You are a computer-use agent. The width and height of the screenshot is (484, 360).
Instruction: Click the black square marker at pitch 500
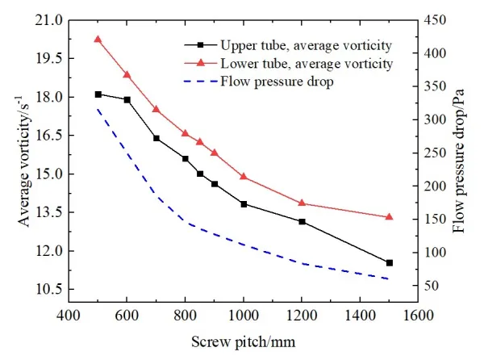[98, 94]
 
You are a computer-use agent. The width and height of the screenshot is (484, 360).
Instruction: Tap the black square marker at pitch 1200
[302, 221]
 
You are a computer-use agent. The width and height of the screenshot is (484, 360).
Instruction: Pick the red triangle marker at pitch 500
[98, 39]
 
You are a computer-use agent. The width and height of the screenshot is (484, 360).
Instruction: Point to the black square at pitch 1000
[244, 204]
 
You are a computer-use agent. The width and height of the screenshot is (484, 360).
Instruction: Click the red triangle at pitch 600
[127, 74]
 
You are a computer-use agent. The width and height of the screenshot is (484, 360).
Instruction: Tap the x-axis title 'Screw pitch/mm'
[244, 341]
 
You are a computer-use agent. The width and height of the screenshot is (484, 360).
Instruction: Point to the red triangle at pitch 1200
[302, 203]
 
